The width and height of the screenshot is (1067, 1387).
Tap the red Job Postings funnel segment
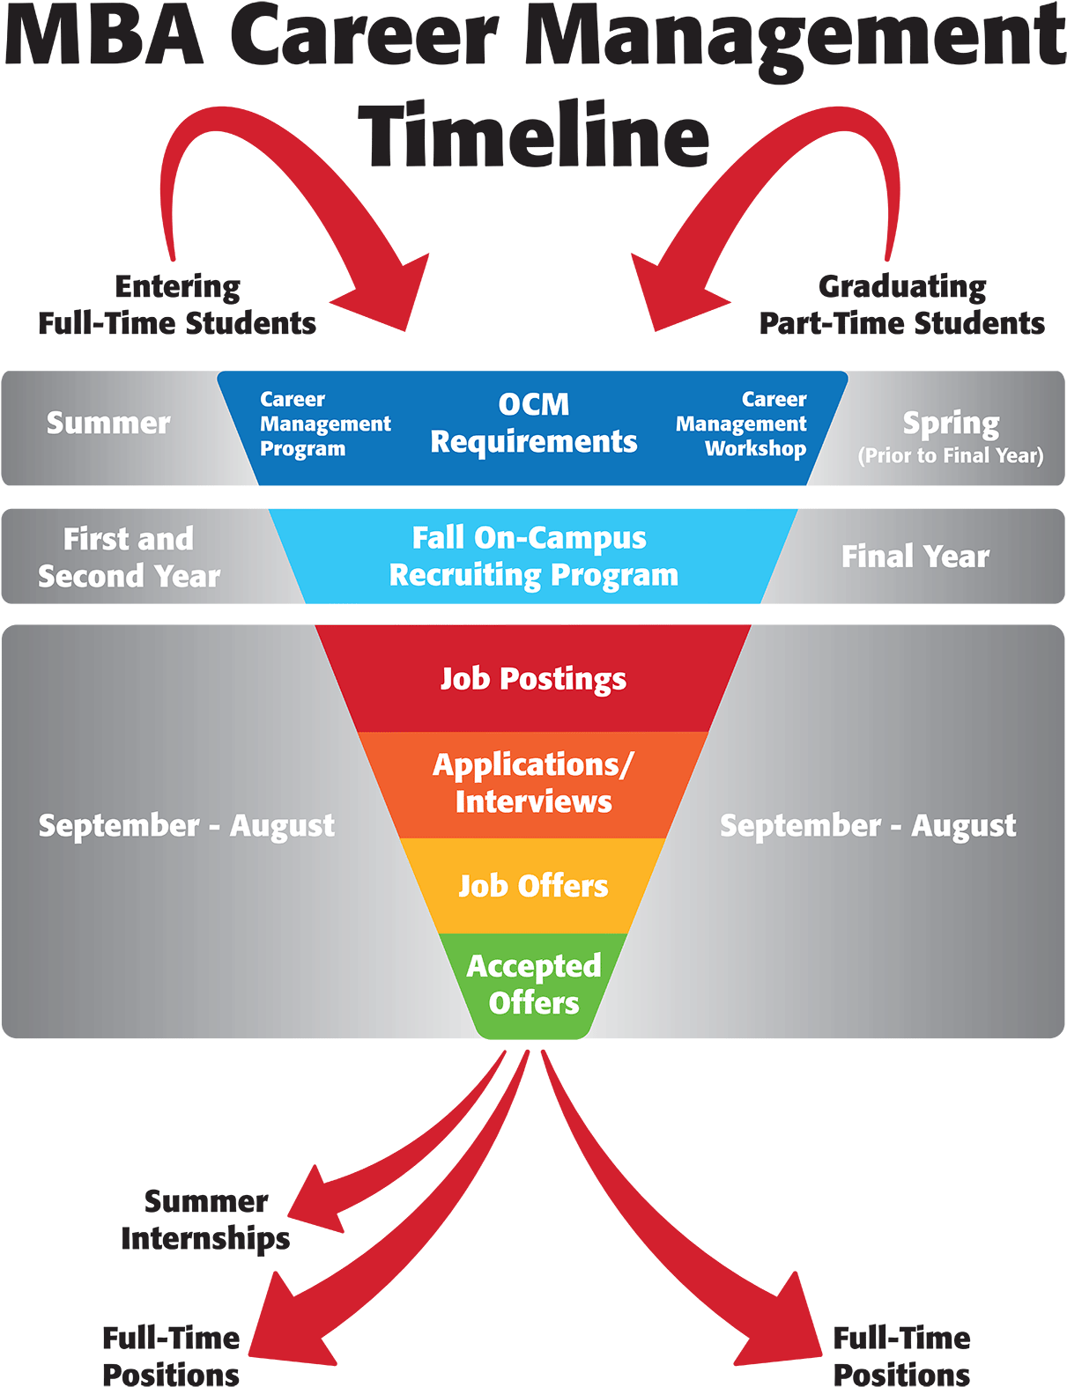click(x=533, y=679)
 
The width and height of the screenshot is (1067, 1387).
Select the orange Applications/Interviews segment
click(x=533, y=783)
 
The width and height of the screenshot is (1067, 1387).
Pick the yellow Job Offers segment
click(x=533, y=886)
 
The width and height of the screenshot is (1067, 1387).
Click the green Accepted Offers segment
click(x=533, y=985)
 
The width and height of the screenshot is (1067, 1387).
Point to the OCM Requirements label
click(x=533, y=424)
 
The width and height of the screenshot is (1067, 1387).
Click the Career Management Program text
click(x=324, y=424)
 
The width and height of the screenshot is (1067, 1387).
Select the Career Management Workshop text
click(x=742, y=424)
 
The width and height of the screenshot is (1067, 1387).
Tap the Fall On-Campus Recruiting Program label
click(x=533, y=557)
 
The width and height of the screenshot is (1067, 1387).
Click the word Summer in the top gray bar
click(x=107, y=424)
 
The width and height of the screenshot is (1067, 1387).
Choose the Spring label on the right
click(x=951, y=424)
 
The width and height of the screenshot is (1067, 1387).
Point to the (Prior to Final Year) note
click(x=951, y=456)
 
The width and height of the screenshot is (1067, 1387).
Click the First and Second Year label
click(x=129, y=557)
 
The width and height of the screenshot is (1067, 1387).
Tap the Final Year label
click(x=915, y=557)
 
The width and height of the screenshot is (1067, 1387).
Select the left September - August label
click(x=187, y=826)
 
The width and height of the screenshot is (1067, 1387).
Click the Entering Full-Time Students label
click(x=177, y=306)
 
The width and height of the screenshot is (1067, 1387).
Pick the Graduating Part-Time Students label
click(x=901, y=306)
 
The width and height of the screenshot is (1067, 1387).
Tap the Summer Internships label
click(x=205, y=1221)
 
